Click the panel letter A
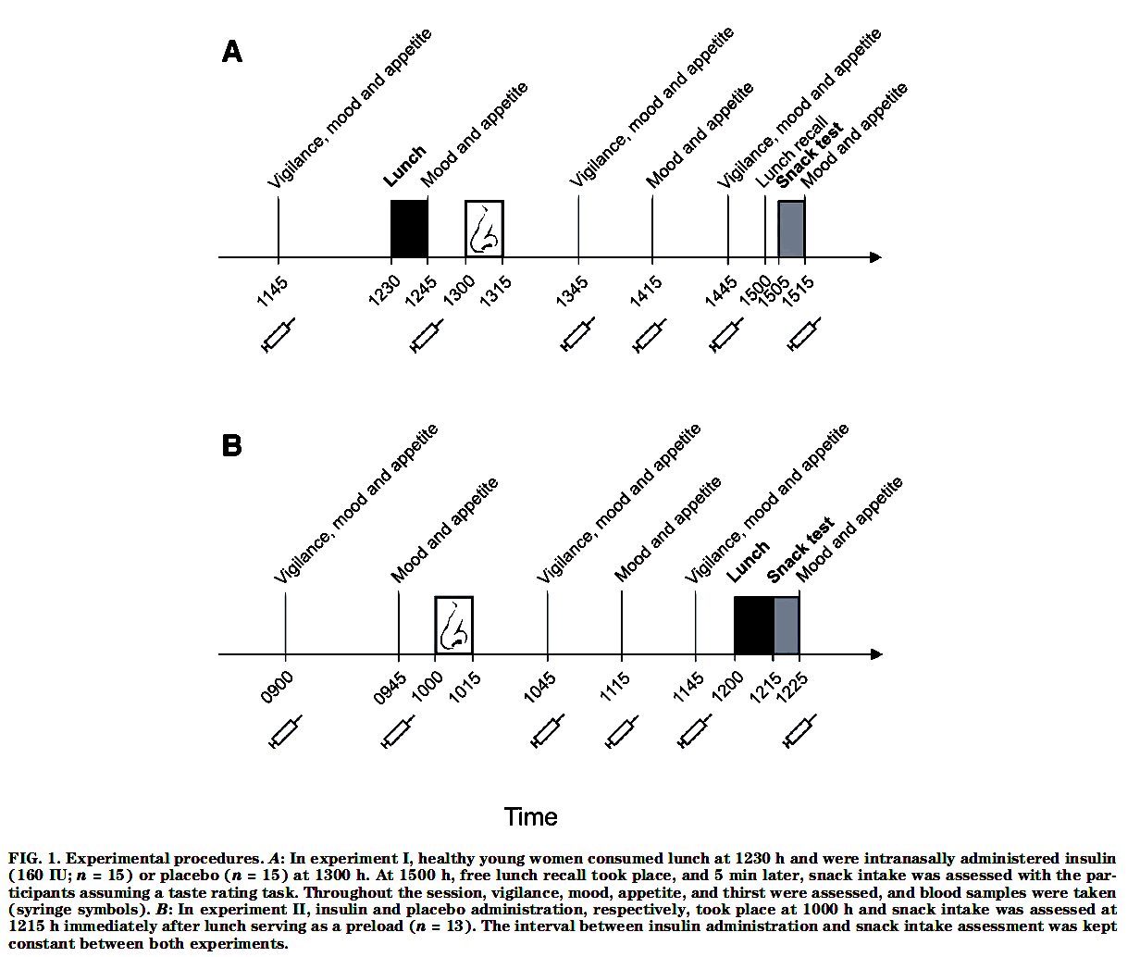tap(232, 52)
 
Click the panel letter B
tap(232, 446)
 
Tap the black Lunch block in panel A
tap(409, 229)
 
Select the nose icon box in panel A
tap(484, 229)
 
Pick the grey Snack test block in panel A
tap(791, 229)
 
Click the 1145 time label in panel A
tap(273, 291)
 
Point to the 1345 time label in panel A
tap(572, 291)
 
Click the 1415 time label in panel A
tap(646, 291)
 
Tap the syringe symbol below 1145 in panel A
tap(279, 335)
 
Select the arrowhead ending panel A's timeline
tap(875, 257)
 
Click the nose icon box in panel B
tap(454, 625)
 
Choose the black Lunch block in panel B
tap(753, 625)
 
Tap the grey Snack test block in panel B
tap(787, 625)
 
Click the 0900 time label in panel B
tap(278, 688)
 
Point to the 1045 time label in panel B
tap(540, 688)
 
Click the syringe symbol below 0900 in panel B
tap(285, 731)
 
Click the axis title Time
tap(530, 817)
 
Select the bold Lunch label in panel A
tap(404, 166)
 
